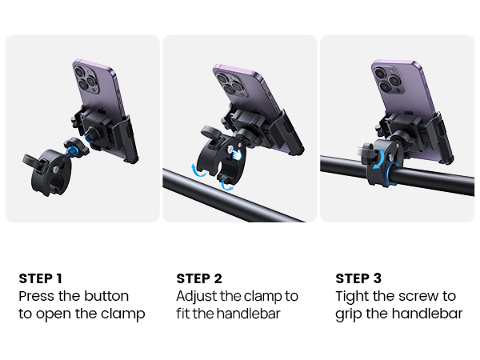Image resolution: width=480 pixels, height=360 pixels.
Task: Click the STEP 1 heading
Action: [x=40, y=278]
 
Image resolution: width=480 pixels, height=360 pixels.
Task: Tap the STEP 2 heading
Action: [x=199, y=278]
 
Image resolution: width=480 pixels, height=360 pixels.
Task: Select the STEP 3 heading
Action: [x=358, y=278]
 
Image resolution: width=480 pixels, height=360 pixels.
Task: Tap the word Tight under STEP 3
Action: [x=354, y=296]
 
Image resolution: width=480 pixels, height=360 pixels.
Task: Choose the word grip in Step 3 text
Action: [x=350, y=314]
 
